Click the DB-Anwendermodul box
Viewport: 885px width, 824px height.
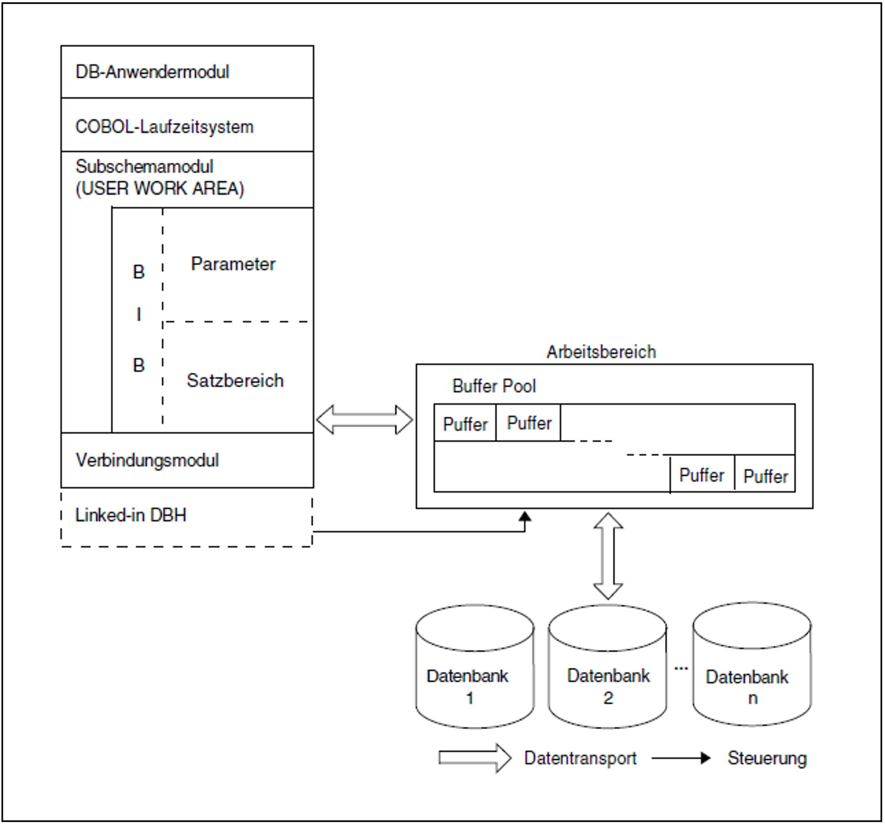pos(187,72)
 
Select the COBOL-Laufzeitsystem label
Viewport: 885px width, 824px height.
pos(164,127)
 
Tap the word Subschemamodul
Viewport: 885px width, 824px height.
pos(144,167)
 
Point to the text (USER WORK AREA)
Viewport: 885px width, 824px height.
pos(160,188)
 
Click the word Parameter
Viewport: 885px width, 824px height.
pos(233,264)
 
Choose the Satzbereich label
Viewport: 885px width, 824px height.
pos(235,381)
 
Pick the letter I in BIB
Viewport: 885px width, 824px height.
pos(139,315)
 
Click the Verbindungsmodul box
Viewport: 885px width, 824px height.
pos(187,460)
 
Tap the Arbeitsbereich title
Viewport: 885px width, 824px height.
pos(601,352)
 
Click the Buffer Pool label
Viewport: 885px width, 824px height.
pos(494,386)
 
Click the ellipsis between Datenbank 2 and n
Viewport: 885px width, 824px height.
pos(681,668)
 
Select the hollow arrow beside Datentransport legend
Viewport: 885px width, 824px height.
pos(474,758)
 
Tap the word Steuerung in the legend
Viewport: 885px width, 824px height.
pos(767,758)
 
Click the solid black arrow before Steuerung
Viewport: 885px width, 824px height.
pos(681,758)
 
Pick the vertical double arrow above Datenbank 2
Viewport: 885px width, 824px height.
pos(608,556)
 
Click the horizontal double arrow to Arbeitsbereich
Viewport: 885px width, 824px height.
pos(364,420)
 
